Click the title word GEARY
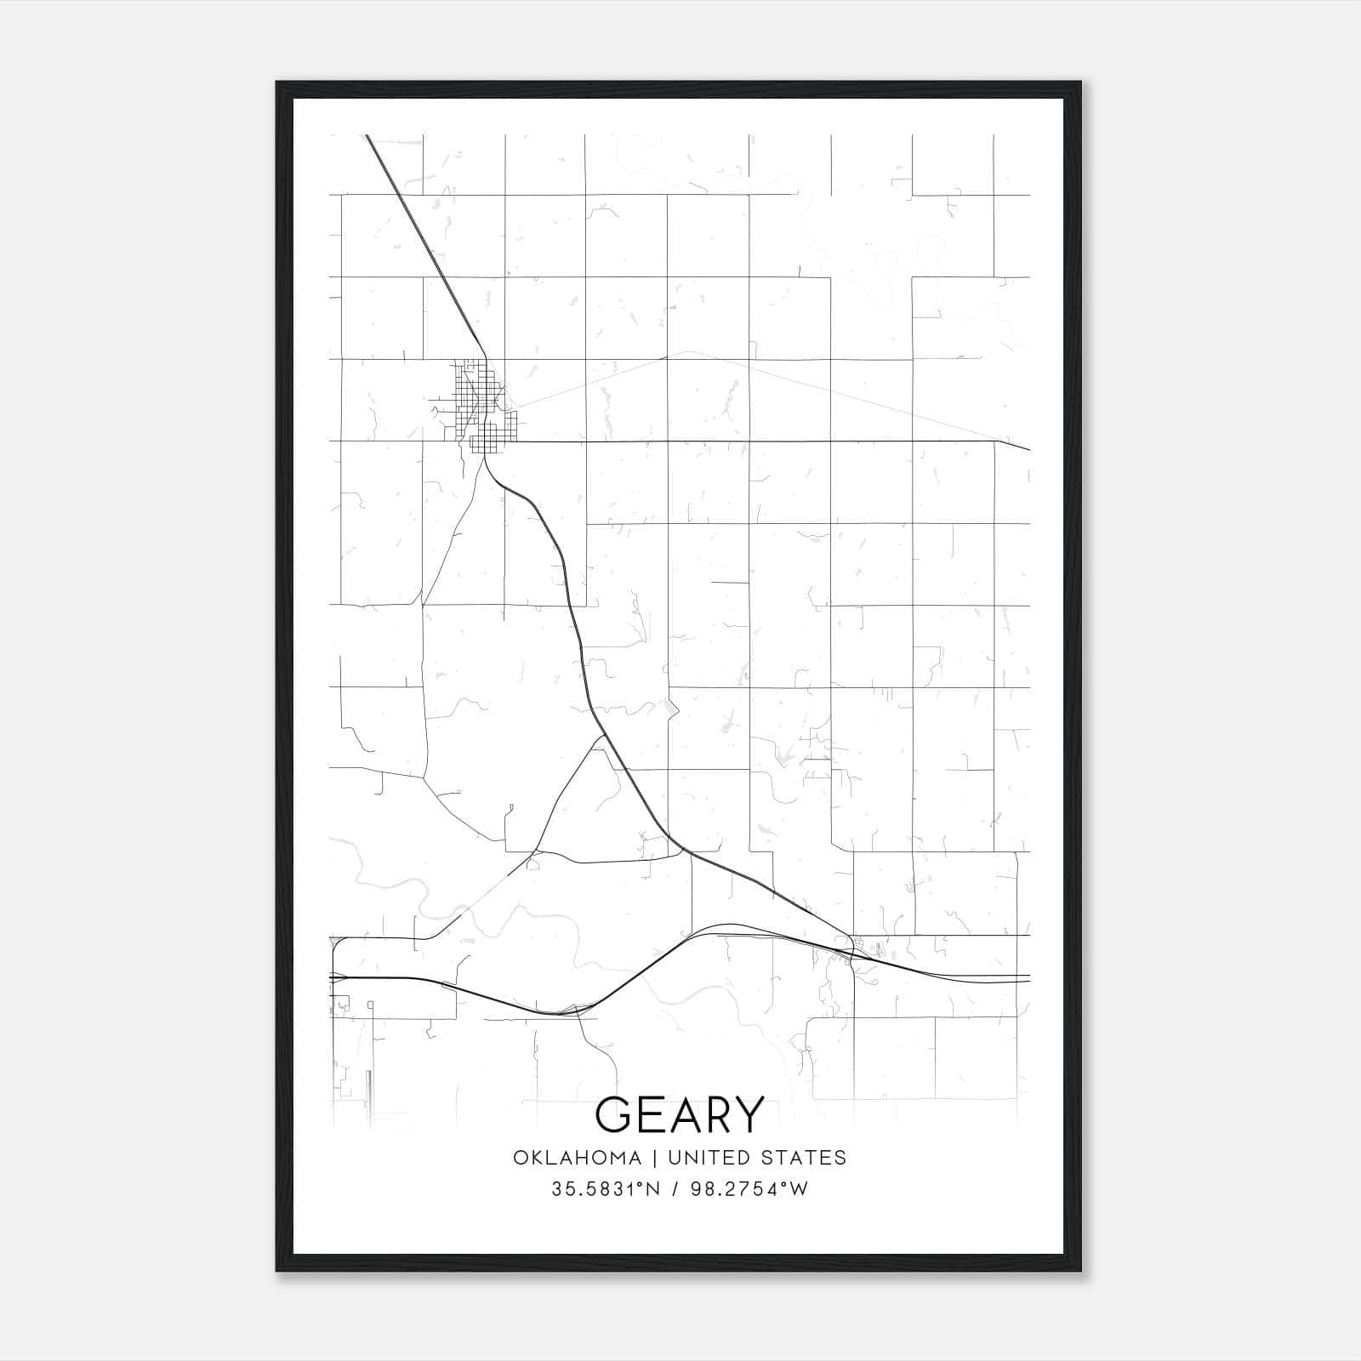pyautogui.click(x=680, y=1114)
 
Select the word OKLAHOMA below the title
pyautogui.click(x=577, y=1158)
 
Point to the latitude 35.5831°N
pyautogui.click(x=605, y=1189)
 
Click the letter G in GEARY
pyautogui.click(x=613, y=1114)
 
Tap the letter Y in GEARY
pyautogui.click(x=749, y=1114)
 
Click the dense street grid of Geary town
pyautogui.click(x=476, y=404)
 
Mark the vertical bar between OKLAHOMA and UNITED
pyautogui.click(x=655, y=1158)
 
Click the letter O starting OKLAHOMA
pyautogui.click(x=519, y=1158)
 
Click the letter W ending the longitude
pyautogui.click(x=799, y=1189)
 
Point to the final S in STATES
pyautogui.click(x=840, y=1158)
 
